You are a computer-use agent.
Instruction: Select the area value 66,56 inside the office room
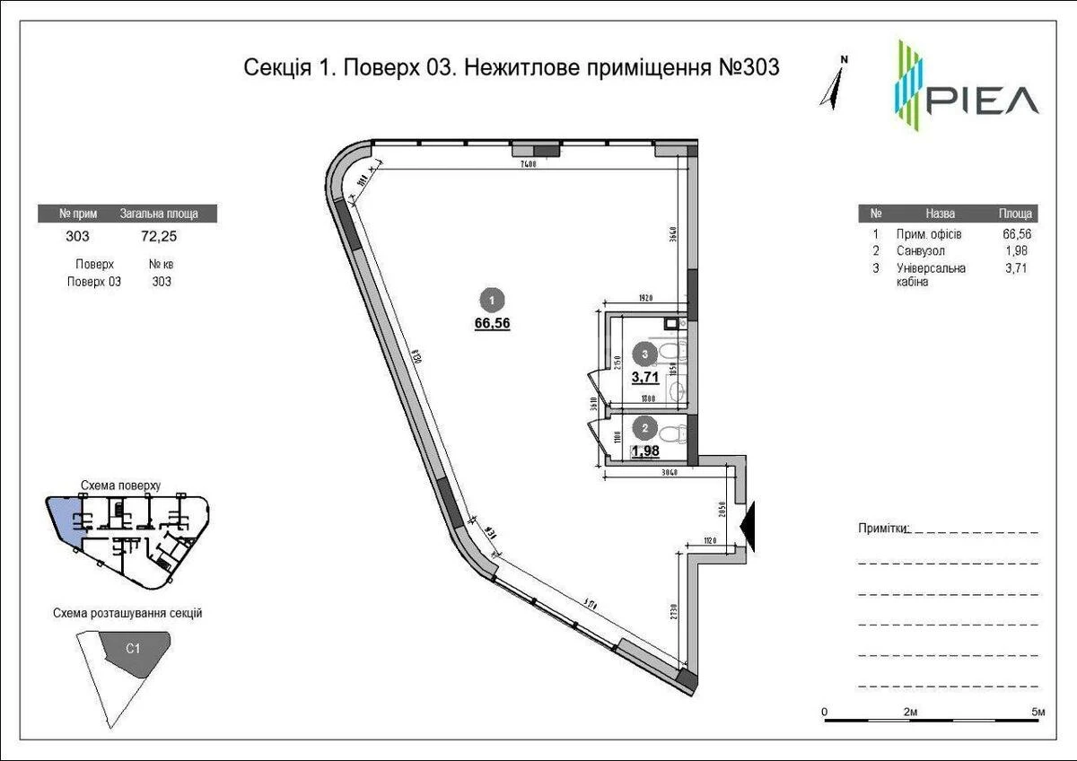point(493,324)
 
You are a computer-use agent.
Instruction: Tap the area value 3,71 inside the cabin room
point(644,377)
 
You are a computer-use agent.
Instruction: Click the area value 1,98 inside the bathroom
point(645,451)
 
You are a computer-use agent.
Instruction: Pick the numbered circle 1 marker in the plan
point(492,300)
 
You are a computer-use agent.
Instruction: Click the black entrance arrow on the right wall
point(751,527)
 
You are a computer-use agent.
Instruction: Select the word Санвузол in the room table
point(920,251)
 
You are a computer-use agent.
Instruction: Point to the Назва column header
point(940,214)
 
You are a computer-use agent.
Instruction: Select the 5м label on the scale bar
point(1038,712)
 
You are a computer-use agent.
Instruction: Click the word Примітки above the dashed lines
point(883,529)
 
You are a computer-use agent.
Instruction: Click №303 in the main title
point(744,67)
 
